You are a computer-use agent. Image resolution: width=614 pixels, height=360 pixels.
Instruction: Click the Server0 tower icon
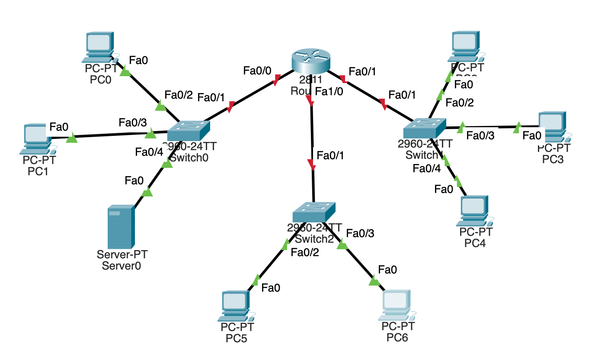coord(121,227)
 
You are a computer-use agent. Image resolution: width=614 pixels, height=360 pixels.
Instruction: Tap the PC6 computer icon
coord(397,305)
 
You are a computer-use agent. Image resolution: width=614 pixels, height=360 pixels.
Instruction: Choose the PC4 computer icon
coord(474,211)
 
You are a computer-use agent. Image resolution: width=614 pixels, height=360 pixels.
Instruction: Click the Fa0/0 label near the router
coord(257,70)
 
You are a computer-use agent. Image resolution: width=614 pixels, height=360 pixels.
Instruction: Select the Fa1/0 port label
coord(329,91)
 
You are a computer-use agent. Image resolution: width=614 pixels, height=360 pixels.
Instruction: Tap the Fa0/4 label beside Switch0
coord(149,152)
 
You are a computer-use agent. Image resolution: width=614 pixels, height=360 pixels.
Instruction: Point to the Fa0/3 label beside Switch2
coord(360,233)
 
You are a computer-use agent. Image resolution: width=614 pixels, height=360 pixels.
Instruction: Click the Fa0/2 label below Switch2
coord(305,253)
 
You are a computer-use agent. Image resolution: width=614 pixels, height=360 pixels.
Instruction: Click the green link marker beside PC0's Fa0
coord(125,72)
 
